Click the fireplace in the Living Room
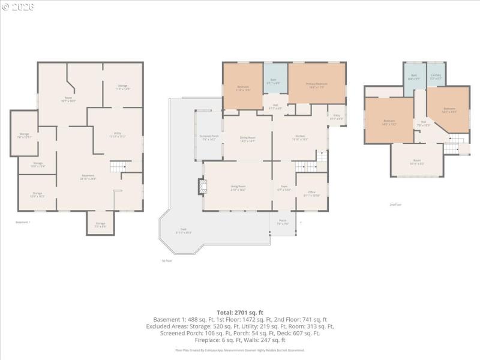[x=200, y=187]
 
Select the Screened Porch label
[x=209, y=138]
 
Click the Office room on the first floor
[x=311, y=194]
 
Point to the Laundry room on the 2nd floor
[x=436, y=78]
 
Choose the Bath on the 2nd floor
[x=414, y=78]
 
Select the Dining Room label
[x=247, y=139]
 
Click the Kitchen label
[x=300, y=137]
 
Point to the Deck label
[x=183, y=232]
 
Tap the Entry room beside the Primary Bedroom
[x=337, y=118]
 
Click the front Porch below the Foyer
[x=283, y=223]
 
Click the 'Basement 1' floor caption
[x=22, y=223]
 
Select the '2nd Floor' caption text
[x=395, y=205]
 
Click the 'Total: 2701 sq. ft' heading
[x=240, y=312]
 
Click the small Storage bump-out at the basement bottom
[x=100, y=224]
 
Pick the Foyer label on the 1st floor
[x=284, y=188]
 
